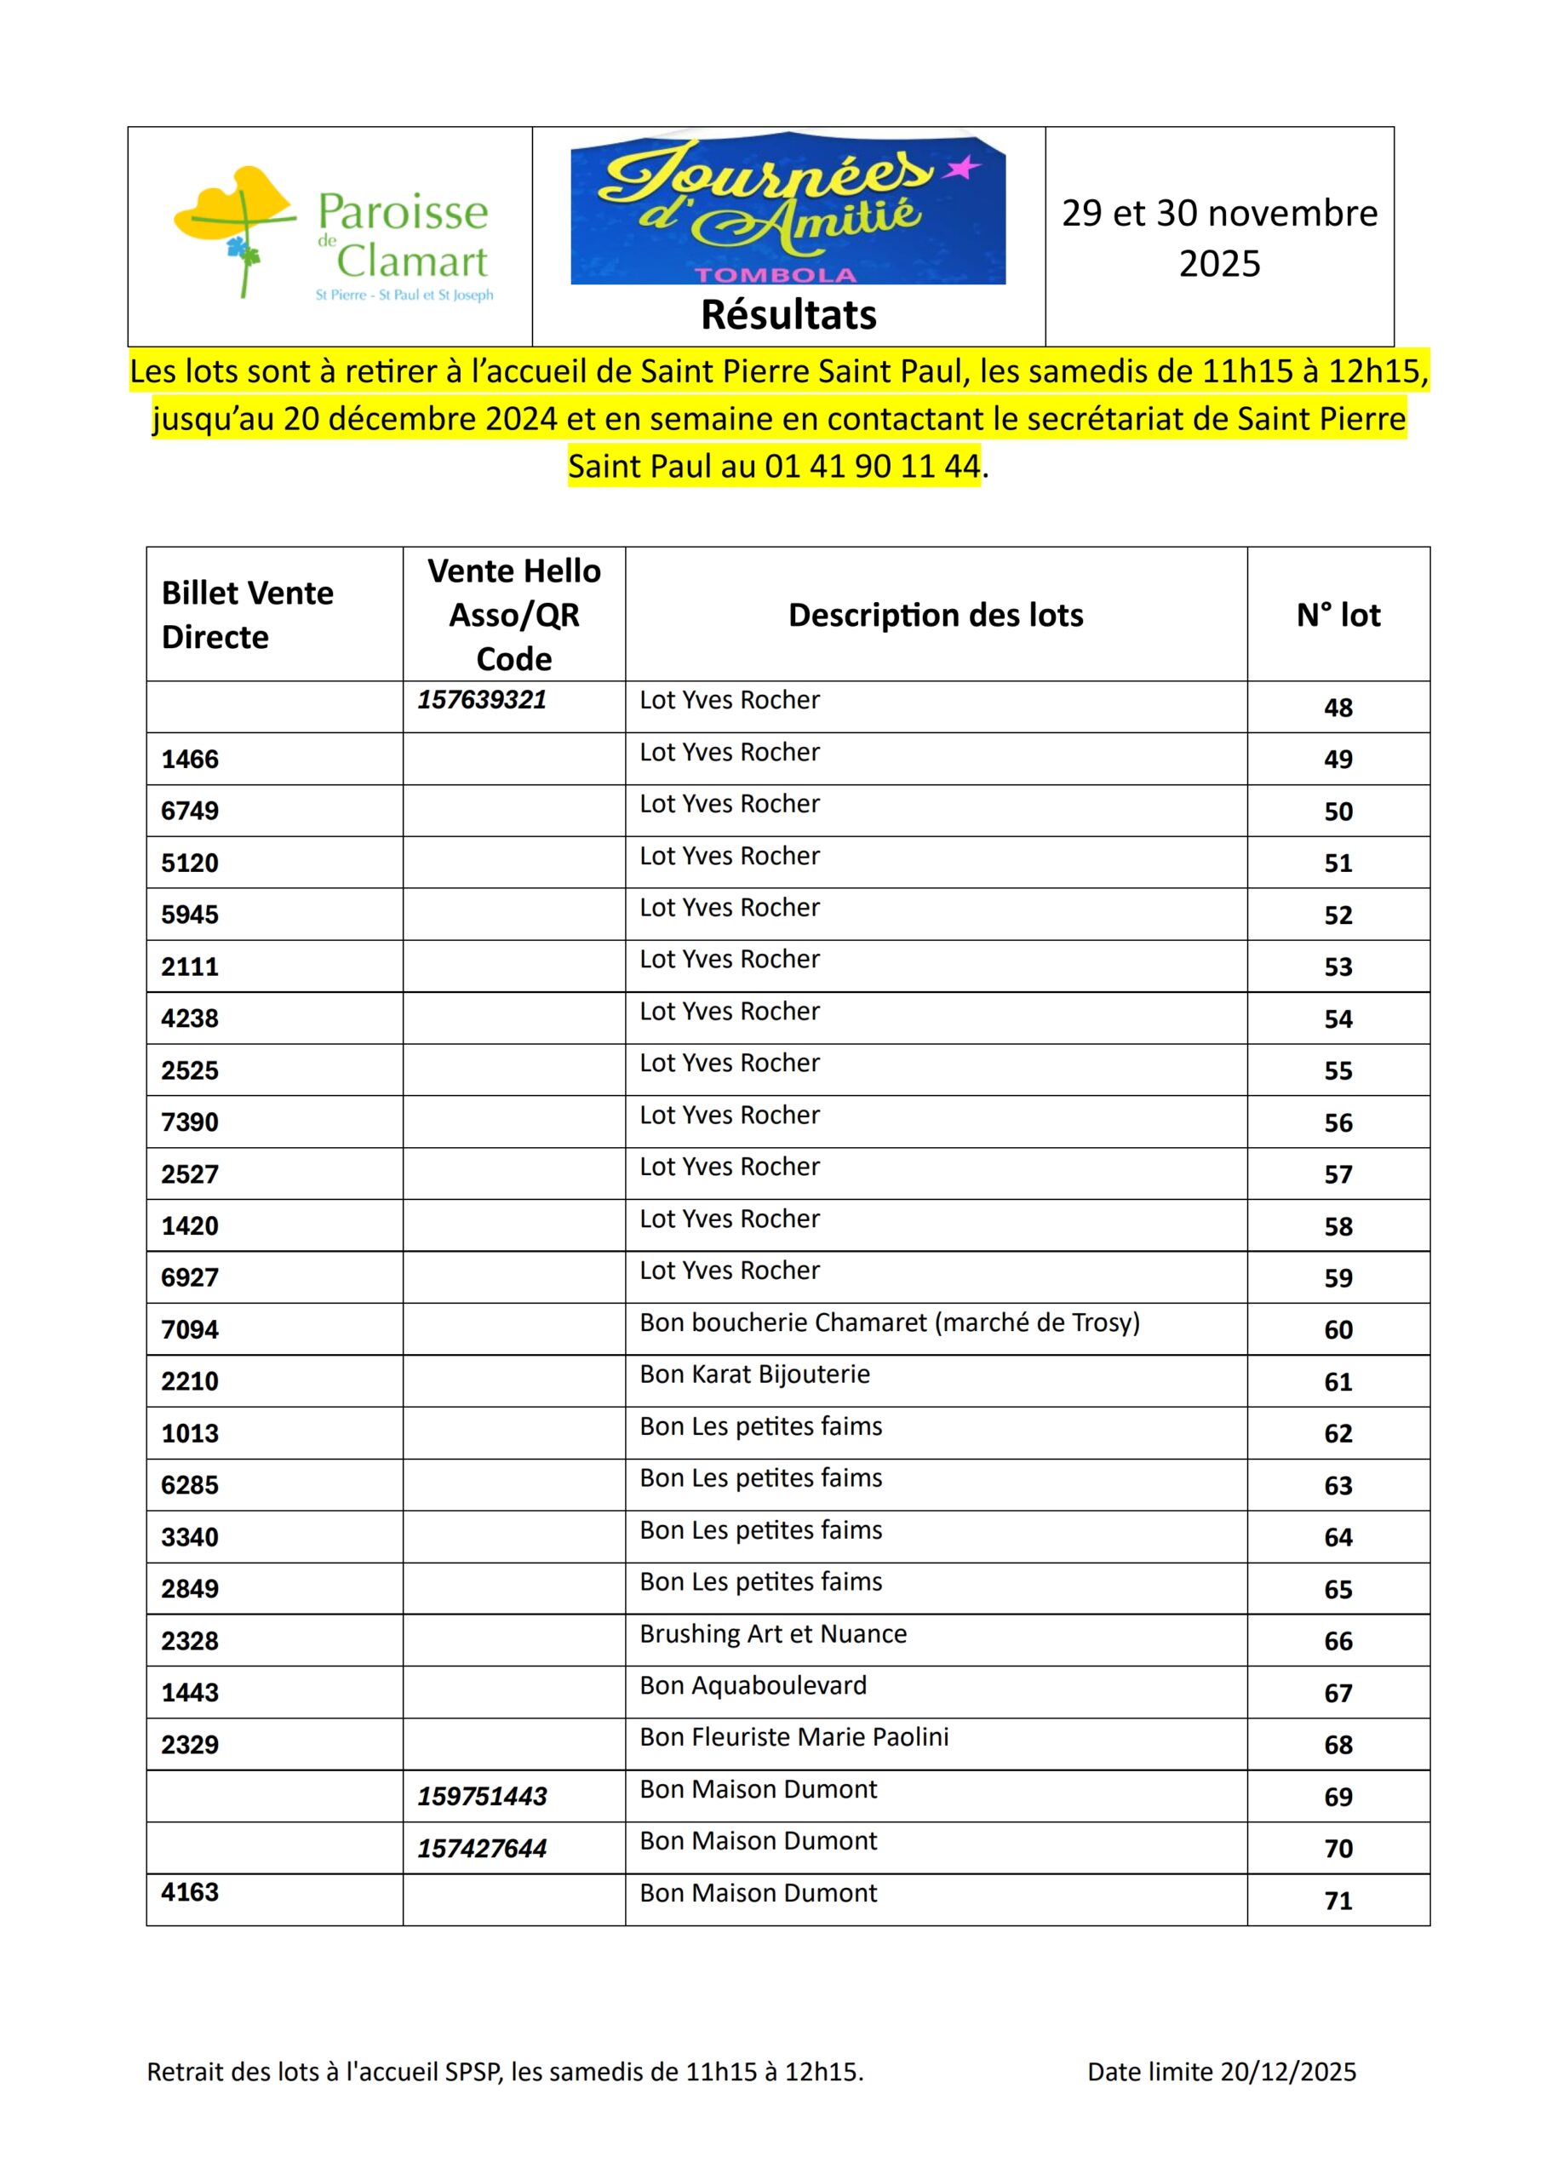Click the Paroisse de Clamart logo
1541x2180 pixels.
pyautogui.click(x=332, y=234)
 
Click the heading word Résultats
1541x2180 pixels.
pyautogui.click(x=788, y=315)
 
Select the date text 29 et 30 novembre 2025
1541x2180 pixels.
pyautogui.click(x=1219, y=238)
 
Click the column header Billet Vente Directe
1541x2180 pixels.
pyautogui.click(x=248, y=614)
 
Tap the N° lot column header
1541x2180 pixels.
pyautogui.click(x=1338, y=616)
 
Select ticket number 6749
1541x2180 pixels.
pyautogui.click(x=190, y=811)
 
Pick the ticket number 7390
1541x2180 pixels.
pyautogui.click(x=190, y=1122)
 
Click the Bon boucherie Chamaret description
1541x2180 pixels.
pyautogui.click(x=889, y=1322)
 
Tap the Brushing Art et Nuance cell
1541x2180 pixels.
pyautogui.click(x=773, y=1634)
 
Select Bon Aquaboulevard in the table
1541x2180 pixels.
pyautogui.click(x=753, y=1685)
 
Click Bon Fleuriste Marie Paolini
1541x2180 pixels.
pyautogui.click(x=793, y=1736)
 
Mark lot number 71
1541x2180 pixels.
pyautogui.click(x=1338, y=1901)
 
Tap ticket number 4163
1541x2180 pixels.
pyautogui.click(x=190, y=1892)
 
